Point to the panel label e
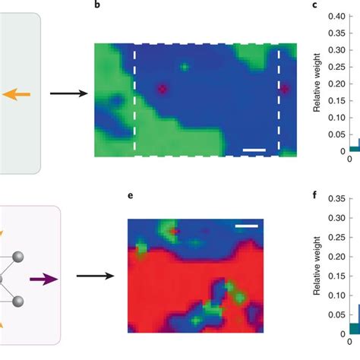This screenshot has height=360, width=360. pyautogui.click(x=131, y=195)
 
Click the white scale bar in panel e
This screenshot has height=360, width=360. pyautogui.click(x=245, y=225)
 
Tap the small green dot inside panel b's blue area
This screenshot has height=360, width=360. pyautogui.click(x=183, y=66)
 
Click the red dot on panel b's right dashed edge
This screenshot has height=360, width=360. pyautogui.click(x=284, y=89)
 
